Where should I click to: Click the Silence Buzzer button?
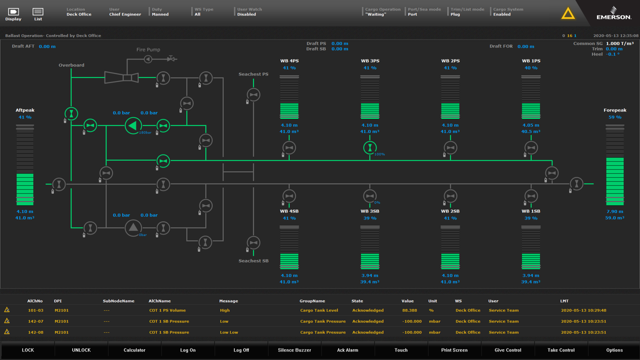click(294, 350)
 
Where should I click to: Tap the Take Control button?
click(561, 350)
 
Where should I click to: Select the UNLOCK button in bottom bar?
click(81, 350)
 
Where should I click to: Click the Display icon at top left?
click(13, 13)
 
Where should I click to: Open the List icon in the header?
click(38, 13)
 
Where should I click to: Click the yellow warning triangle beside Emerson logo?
click(568, 13)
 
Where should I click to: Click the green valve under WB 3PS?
click(369, 147)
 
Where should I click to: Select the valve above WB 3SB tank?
click(369, 196)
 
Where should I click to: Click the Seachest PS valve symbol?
click(253, 94)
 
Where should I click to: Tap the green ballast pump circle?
click(133, 125)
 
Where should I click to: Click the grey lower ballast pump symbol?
click(133, 228)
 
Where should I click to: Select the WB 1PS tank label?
click(531, 61)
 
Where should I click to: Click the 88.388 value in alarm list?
click(409, 310)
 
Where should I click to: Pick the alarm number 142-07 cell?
click(35, 321)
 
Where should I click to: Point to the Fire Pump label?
click(148, 50)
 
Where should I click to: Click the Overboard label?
click(71, 65)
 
